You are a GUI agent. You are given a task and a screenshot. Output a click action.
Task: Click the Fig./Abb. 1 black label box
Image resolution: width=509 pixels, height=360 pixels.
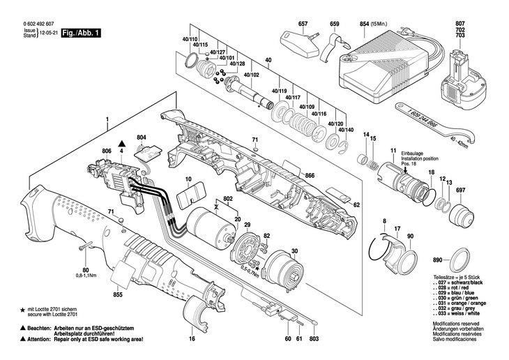[x=81, y=33]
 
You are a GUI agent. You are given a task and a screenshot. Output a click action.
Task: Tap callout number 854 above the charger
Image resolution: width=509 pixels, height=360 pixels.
[x=364, y=24]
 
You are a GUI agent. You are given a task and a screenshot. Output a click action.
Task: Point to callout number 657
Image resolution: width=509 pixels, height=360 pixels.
[x=303, y=24]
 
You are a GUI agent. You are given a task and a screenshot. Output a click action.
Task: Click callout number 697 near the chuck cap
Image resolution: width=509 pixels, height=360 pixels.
[x=460, y=190]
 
